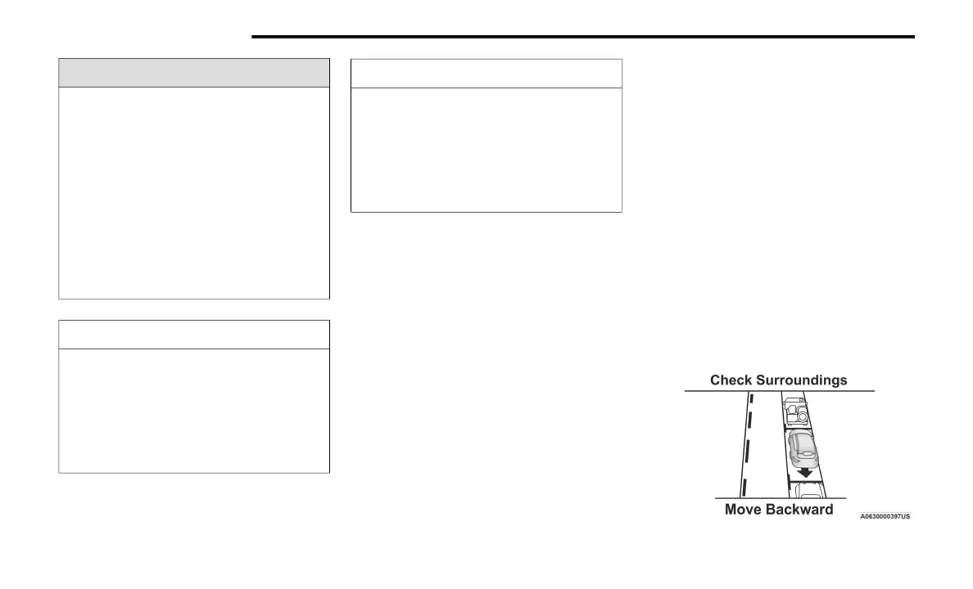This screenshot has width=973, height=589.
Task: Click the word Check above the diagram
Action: pyautogui.click(x=730, y=380)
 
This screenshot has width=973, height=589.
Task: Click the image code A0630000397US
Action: pyautogui.click(x=885, y=516)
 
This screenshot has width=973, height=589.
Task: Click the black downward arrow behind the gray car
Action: pyautogui.click(x=806, y=472)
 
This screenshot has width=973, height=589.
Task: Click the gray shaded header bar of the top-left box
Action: pyautogui.click(x=194, y=73)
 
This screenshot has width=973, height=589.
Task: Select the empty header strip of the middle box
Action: pyautogui.click(x=486, y=74)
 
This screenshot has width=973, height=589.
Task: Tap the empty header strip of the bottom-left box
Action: pyautogui.click(x=194, y=335)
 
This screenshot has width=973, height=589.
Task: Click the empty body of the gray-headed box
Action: pyautogui.click(x=194, y=192)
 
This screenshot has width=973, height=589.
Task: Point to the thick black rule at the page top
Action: pyautogui.click(x=582, y=36)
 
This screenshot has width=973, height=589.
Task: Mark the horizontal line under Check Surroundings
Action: pyautogui.click(x=779, y=391)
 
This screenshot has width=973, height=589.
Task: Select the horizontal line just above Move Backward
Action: pyautogui.click(x=779, y=498)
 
